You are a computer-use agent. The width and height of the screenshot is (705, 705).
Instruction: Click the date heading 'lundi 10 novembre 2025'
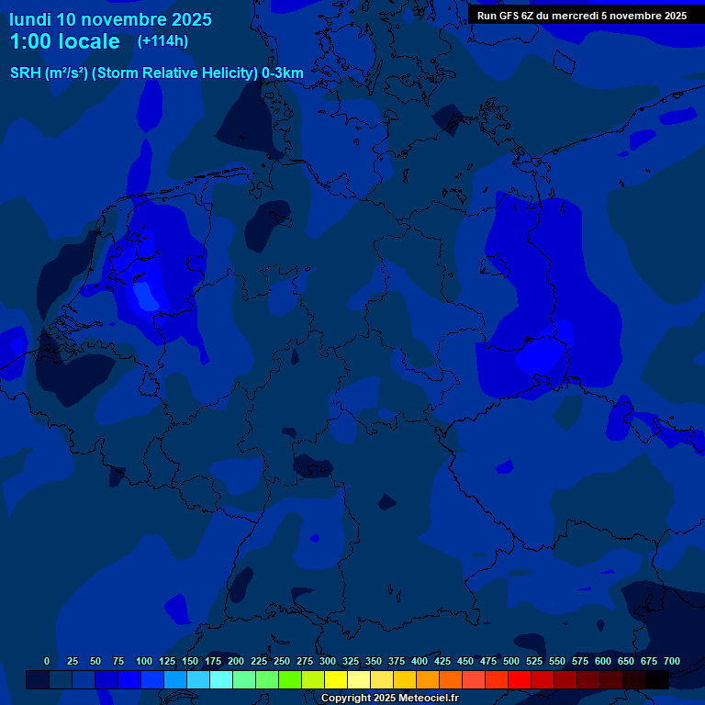[x=110, y=19]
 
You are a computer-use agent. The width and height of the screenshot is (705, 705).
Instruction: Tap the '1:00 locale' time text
[x=64, y=41]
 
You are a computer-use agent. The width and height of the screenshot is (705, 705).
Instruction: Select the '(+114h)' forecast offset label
[x=162, y=41]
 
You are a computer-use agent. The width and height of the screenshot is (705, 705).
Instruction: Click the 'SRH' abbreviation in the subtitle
[x=26, y=73]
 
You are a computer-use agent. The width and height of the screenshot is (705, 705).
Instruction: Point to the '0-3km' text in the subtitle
[x=283, y=73]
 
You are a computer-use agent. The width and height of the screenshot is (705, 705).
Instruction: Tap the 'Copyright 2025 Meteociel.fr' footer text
[x=389, y=699]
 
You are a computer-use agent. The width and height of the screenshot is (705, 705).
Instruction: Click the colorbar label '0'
[x=47, y=662]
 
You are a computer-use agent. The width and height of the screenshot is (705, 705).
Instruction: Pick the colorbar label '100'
[x=144, y=662]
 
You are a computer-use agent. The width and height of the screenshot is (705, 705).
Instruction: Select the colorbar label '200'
[x=236, y=662]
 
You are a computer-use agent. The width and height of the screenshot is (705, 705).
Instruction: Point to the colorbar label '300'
[x=328, y=662]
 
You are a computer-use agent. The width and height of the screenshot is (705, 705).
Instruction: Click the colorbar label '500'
[x=511, y=662]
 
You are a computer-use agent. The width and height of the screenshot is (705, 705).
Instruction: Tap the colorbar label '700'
[x=672, y=662]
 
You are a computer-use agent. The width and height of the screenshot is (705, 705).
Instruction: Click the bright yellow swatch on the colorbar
[x=336, y=680]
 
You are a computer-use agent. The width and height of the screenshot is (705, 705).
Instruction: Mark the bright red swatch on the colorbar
[x=520, y=680]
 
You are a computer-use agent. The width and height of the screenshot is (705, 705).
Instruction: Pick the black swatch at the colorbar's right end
[x=657, y=680]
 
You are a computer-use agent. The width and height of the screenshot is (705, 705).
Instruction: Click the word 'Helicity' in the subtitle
[x=229, y=73]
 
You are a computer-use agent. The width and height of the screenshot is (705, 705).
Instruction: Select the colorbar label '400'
[x=420, y=662]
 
